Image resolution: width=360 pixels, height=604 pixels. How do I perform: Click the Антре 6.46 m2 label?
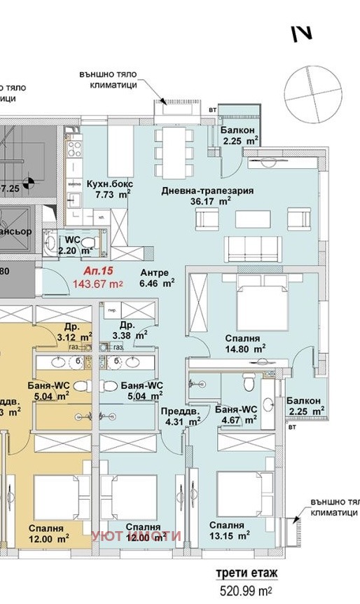[x=157, y=279]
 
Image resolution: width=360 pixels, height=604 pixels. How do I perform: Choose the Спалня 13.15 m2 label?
[x=228, y=530]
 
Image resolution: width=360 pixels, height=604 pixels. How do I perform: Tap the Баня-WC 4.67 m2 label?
[x=235, y=413]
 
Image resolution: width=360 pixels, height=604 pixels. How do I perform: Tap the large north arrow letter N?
[x=302, y=33]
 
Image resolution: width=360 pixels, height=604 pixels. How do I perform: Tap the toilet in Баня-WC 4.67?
[x=248, y=383]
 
